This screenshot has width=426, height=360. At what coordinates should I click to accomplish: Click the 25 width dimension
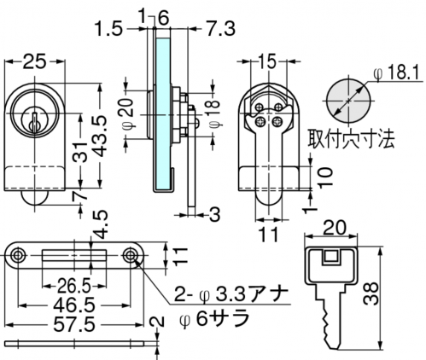point(34,61)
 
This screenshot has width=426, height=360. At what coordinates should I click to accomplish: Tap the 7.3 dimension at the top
point(221,29)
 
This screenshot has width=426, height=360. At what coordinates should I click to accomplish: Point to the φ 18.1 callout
point(397,73)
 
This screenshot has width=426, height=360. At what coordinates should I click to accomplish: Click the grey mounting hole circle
point(349,101)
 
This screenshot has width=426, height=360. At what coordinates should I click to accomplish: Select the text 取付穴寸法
point(351,139)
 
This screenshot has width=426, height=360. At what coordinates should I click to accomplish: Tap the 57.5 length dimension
point(74,325)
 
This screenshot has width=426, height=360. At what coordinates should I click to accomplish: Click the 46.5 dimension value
point(74,305)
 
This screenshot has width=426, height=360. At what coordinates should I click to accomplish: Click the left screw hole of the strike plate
point(18,255)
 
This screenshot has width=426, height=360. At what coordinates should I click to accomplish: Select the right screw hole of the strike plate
point(130,255)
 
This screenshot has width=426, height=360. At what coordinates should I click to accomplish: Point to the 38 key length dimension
point(371,293)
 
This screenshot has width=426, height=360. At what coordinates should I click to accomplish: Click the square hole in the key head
point(330,258)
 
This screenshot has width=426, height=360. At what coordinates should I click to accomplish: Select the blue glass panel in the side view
point(163,113)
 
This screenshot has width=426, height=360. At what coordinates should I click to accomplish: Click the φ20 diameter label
point(129,114)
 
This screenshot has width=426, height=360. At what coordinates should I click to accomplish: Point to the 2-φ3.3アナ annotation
point(231,294)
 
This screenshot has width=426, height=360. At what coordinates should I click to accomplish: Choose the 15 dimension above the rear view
point(268,61)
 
